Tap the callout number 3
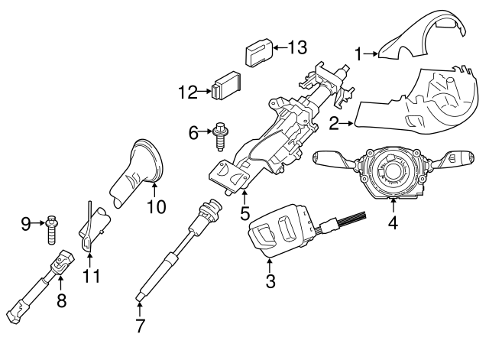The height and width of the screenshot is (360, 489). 270,281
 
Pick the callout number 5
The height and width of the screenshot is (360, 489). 245,212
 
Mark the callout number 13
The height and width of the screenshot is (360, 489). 296,47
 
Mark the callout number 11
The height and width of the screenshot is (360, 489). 92,275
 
